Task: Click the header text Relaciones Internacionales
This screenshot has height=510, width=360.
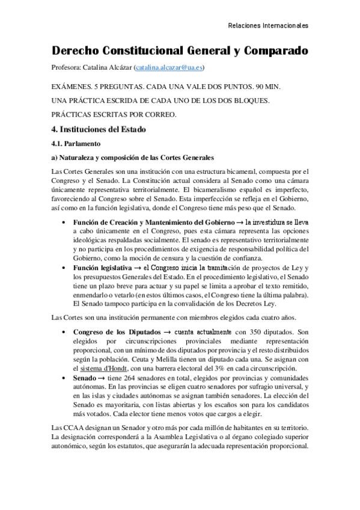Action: pyautogui.click(x=269, y=26)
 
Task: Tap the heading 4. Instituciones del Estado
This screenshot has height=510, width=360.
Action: pyautogui.click(x=98, y=129)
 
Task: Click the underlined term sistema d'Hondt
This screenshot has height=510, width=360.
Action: pyautogui.click(x=114, y=367)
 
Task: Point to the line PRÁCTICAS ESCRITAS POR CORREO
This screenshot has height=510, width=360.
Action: pyautogui.click(x=114, y=114)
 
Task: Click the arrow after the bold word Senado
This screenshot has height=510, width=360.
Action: pyautogui.click(x=101, y=377)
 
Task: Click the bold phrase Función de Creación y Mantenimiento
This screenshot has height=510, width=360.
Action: pyautogui.click(x=150, y=223)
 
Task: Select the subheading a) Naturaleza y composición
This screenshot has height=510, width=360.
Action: pyautogui.click(x=132, y=158)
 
